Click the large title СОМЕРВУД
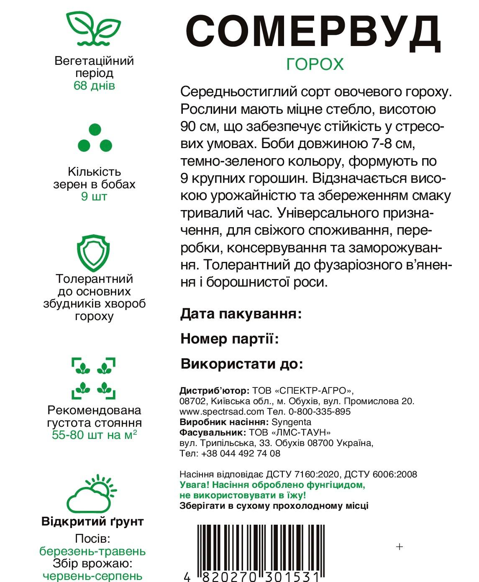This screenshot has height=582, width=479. (313, 32)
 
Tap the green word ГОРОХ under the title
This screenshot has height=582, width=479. (315, 64)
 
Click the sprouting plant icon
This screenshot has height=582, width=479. (94, 28)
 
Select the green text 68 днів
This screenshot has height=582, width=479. (94, 86)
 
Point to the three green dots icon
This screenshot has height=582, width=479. (95, 138)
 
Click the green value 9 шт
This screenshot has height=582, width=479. (94, 197)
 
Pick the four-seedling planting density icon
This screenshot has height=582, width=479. (94, 378)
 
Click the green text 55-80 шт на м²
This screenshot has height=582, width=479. (95, 435)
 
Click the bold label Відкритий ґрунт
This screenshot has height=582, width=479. (92, 522)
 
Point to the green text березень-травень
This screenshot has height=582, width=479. (92, 551)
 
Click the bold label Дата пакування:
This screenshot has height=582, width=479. (241, 314)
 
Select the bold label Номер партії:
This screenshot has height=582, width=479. (230, 338)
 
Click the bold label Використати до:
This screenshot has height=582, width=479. (242, 364)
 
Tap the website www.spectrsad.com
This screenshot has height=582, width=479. (222, 412)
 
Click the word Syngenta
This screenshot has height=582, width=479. (291, 422)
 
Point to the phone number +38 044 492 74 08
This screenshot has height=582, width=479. (241, 454)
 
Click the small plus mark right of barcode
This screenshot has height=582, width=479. (400, 546)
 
